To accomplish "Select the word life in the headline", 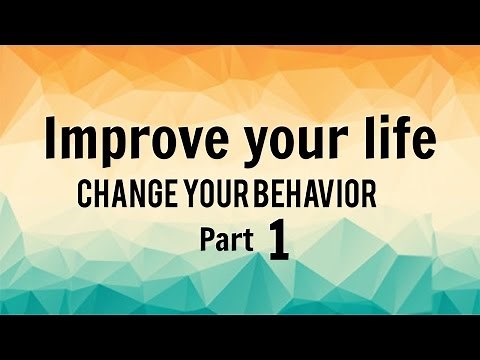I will (405, 140).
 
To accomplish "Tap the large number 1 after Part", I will (277, 243).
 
